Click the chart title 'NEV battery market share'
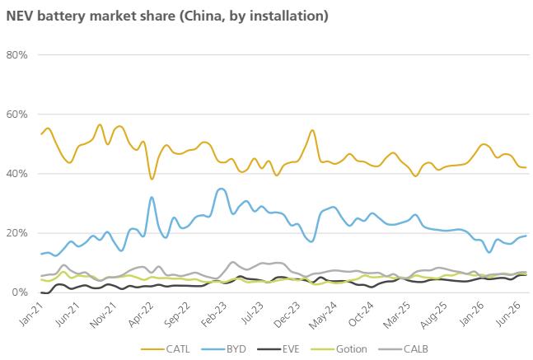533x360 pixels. point(91,16)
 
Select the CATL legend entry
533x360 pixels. point(166,348)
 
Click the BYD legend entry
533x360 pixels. point(223,348)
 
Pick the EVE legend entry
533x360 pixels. point(278,348)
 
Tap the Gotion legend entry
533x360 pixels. point(339,348)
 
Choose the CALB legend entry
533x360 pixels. point(403,348)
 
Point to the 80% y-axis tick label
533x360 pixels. point(16,54)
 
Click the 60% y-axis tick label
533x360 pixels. point(16,115)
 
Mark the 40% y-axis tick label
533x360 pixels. point(16,174)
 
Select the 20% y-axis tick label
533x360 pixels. point(16,233)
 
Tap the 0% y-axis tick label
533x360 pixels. point(20,292)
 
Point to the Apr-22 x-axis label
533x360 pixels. point(140,314)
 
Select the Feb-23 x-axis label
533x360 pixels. point(213,314)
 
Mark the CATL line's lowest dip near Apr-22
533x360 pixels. point(152,179)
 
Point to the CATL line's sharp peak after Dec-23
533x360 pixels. point(312,130)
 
